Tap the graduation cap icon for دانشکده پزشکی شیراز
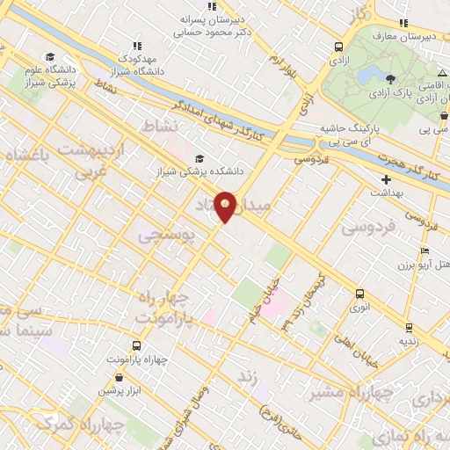[x=200, y=158]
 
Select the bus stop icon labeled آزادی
[x=339, y=47]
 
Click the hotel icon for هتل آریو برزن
[x=425, y=251]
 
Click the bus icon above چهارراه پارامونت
[x=136, y=345]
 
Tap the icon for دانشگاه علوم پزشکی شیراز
[x=47, y=56]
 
